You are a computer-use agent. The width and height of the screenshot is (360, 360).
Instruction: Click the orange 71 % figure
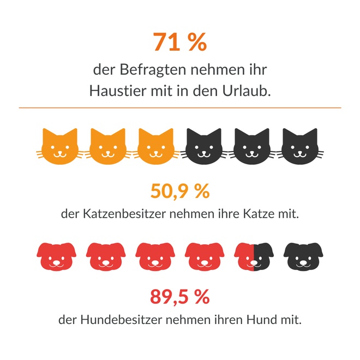(x=180, y=43)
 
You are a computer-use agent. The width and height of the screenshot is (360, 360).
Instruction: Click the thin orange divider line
(x=180, y=108)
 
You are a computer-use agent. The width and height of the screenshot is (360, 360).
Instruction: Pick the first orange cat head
(x=60, y=147)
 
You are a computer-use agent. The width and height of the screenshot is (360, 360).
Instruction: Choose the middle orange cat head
(x=107, y=147)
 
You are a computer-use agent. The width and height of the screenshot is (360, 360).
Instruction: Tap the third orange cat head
(x=155, y=147)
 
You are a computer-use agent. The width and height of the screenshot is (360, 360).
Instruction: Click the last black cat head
(x=299, y=147)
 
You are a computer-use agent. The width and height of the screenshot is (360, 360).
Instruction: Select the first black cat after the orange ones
(x=203, y=147)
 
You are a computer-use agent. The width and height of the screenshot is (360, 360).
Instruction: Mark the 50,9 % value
(x=180, y=191)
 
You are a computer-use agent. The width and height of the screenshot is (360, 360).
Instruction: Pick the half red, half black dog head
(x=253, y=255)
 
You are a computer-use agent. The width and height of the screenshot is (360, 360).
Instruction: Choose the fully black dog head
(x=303, y=255)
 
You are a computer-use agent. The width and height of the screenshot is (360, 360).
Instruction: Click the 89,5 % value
(x=180, y=297)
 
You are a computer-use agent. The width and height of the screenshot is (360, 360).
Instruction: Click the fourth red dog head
(x=204, y=255)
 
